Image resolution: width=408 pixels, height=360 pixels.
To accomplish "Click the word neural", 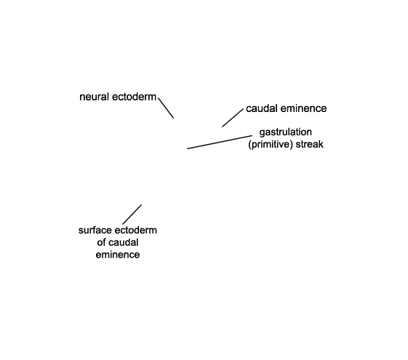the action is click(95, 97).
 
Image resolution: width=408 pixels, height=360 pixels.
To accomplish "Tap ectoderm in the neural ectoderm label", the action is click(134, 97).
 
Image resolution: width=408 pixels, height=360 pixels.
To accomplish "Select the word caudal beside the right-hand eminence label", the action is click(262, 108).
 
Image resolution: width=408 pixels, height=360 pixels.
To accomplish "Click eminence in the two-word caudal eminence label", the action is click(303, 108).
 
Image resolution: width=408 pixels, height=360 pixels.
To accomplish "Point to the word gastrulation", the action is click(286, 132).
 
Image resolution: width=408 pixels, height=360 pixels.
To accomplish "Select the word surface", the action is click(95, 231).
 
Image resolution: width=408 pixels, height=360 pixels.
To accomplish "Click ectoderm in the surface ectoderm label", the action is click(136, 231).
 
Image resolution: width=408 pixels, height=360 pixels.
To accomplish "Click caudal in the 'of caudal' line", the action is click(123, 242).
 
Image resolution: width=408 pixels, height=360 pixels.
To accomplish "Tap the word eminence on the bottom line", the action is click(118, 255).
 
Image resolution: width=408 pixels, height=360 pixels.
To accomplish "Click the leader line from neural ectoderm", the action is click(166, 108).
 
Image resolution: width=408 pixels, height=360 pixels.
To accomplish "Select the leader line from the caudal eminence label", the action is click(233, 118).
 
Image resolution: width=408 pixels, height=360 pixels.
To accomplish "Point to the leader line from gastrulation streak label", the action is click(220, 142).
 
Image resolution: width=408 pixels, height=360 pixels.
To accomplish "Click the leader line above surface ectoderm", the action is click(132, 215).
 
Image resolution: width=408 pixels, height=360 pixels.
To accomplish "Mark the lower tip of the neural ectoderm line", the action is click(174, 118).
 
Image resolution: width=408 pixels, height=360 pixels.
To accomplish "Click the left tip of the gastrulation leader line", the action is click(188, 148).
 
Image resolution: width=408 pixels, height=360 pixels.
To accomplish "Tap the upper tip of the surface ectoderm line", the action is click(142, 204).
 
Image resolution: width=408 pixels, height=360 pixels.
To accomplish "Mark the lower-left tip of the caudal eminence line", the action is click(223, 127).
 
